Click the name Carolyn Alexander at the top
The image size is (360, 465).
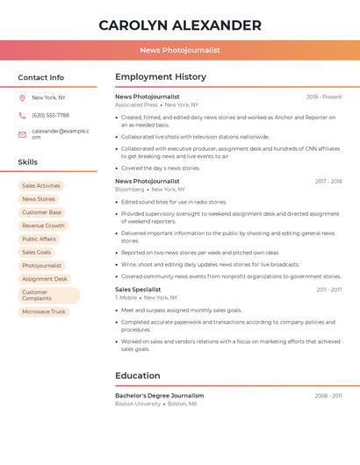pyautogui.click(x=180, y=25)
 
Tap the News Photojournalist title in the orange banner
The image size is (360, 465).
pyautogui.click(x=180, y=50)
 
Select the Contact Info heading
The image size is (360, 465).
pyautogui.click(x=41, y=77)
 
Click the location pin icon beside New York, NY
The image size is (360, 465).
pyautogui.click(x=22, y=98)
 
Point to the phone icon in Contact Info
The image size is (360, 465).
pyautogui.click(x=22, y=115)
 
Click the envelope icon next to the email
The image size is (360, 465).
pyautogui.click(x=22, y=134)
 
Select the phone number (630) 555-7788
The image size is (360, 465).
pyautogui.click(x=50, y=115)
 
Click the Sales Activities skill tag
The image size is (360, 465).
pyautogui.click(x=41, y=186)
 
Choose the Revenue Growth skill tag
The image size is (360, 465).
pyautogui.click(x=43, y=225)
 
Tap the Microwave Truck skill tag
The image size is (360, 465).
pyautogui.click(x=44, y=311)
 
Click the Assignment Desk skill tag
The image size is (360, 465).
pyautogui.click(x=45, y=279)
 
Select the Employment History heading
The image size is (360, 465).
pyautogui.click(x=161, y=77)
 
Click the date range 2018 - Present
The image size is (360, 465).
pyautogui.click(x=324, y=97)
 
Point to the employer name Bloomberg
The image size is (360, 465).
pyautogui.click(x=130, y=190)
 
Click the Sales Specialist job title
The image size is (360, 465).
pyautogui.click(x=138, y=290)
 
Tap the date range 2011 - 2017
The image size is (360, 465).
pyautogui.click(x=329, y=290)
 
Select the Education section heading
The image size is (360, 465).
pyautogui.click(x=138, y=376)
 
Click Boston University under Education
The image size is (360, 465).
pyautogui.click(x=138, y=404)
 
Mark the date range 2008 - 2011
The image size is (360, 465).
pyautogui.click(x=328, y=396)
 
